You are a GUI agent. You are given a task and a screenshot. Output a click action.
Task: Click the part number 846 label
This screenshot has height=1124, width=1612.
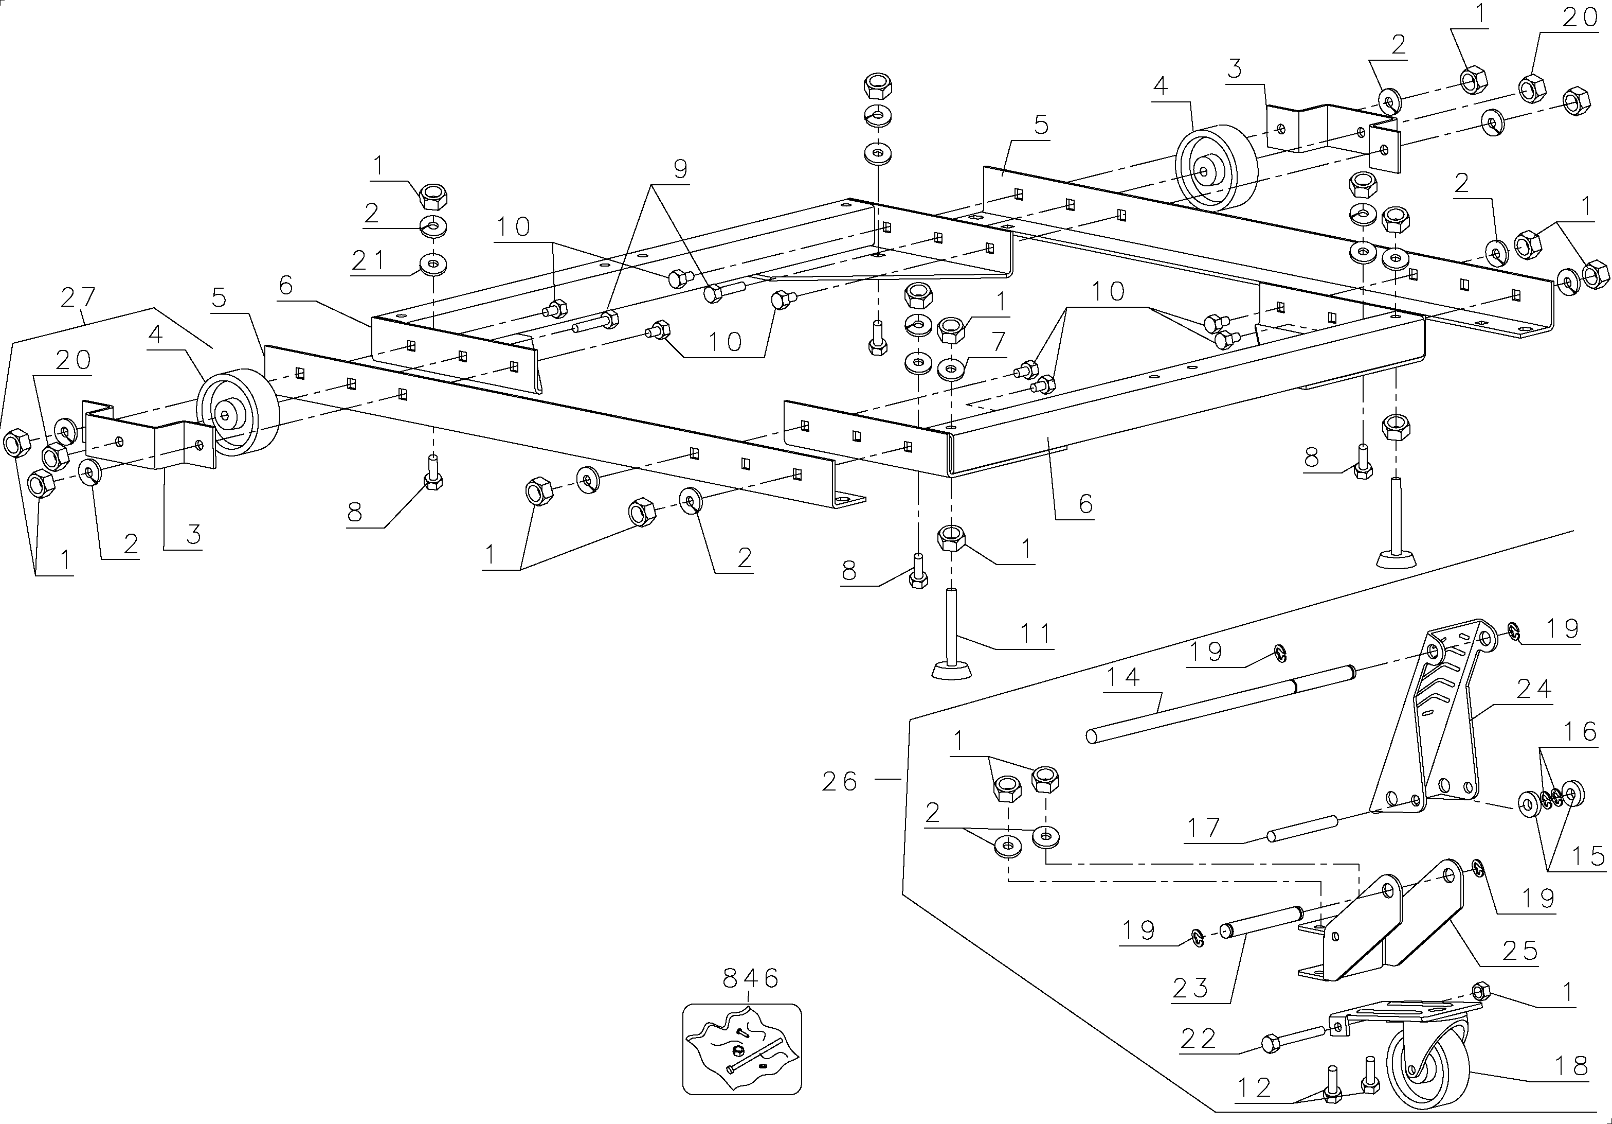(751, 978)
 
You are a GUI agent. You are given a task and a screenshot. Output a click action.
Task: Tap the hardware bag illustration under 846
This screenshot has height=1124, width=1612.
(742, 1049)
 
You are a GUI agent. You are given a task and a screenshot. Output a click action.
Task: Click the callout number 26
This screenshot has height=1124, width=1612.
(840, 782)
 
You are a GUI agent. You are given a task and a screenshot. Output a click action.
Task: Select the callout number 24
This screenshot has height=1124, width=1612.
(1533, 689)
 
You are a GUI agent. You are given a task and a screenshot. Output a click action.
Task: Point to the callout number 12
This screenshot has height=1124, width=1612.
(1255, 1087)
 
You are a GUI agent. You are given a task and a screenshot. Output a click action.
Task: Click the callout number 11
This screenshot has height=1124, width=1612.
(1036, 634)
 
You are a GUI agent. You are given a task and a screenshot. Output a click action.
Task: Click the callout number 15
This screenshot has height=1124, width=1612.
(1587, 856)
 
